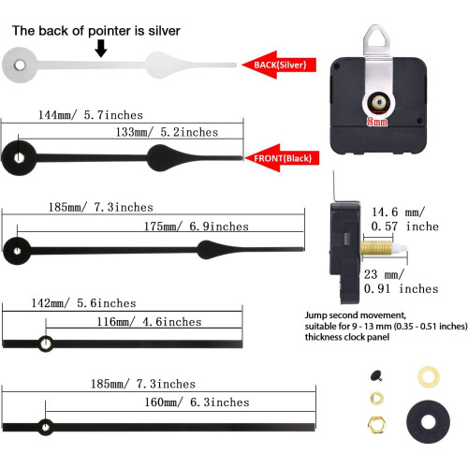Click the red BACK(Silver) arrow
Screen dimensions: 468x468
pyautogui.click(x=279, y=65)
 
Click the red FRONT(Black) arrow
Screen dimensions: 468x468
pyautogui.click(x=282, y=158)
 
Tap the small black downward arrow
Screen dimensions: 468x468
pyautogui.click(x=101, y=49)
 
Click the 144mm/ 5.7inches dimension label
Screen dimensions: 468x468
pyautogui.click(x=91, y=115)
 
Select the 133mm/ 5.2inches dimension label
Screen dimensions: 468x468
pyautogui.click(x=167, y=132)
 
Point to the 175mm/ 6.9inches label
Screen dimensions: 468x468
pyautogui.click(x=197, y=227)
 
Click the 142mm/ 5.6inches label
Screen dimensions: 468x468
pyautogui.click(x=83, y=303)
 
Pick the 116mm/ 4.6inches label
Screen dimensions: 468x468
pyautogui.click(x=149, y=322)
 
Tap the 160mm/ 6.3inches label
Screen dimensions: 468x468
pyautogui.click(x=197, y=402)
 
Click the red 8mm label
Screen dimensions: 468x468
pyautogui.click(x=377, y=121)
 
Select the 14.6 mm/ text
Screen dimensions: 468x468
pyautogui.click(x=398, y=212)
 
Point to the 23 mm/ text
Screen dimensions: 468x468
pyautogui.click(x=384, y=274)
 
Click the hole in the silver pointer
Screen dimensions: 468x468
pyautogui.click(x=20, y=66)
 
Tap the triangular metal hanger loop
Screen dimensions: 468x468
pyautogui.click(x=377, y=37)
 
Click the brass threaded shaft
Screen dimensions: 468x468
pyautogui.click(x=376, y=249)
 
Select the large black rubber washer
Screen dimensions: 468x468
pyautogui.click(x=428, y=421)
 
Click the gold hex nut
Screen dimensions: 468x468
pyautogui.click(x=377, y=425)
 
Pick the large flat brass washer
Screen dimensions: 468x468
pyautogui.click(x=429, y=377)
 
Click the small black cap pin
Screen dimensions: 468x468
pyautogui.click(x=376, y=375)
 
